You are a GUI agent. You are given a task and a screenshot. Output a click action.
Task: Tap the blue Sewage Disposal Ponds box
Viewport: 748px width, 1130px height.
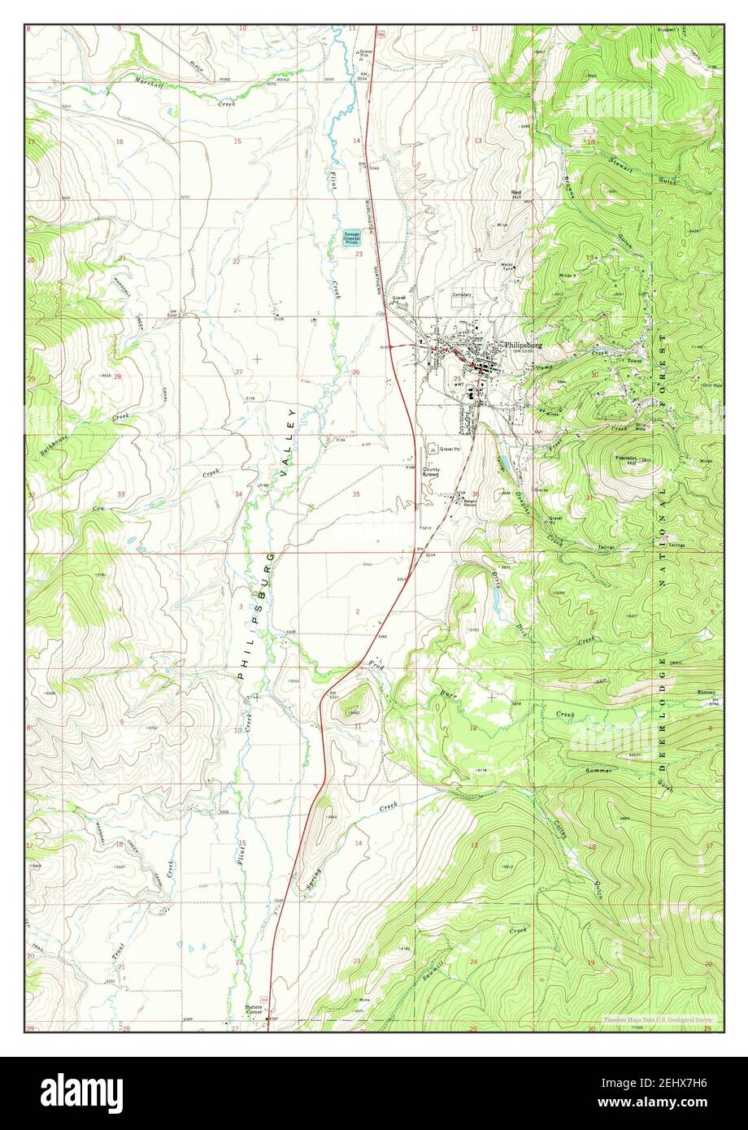pos(352,237)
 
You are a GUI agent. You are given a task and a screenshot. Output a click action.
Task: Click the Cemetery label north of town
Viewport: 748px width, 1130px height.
pos(462,295)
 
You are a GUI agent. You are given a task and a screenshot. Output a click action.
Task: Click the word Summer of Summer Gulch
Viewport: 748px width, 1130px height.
pos(599,769)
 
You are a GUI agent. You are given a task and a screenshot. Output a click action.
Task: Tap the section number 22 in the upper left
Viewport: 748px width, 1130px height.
pos(237,261)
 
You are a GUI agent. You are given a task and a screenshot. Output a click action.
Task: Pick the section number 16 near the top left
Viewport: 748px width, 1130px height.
pos(120,141)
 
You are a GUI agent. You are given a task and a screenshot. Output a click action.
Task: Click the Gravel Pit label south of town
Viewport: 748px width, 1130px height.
pos(450,449)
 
